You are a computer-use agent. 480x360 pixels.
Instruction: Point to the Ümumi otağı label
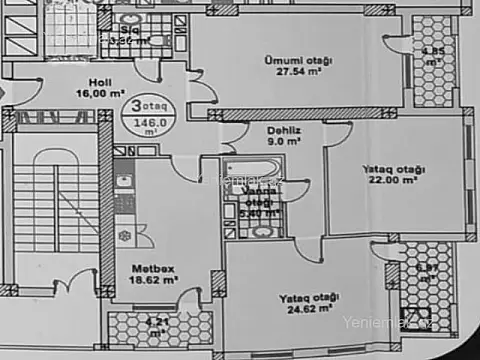[x=298, y=60]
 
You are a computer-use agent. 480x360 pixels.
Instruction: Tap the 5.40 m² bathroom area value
[x=263, y=213]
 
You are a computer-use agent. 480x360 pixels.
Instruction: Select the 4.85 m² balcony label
[x=432, y=55]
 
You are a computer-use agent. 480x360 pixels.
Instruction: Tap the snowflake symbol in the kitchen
[x=125, y=235]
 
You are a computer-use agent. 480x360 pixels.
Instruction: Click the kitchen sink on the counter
[x=123, y=182]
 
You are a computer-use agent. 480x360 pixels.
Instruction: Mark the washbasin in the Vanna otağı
[x=261, y=232]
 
